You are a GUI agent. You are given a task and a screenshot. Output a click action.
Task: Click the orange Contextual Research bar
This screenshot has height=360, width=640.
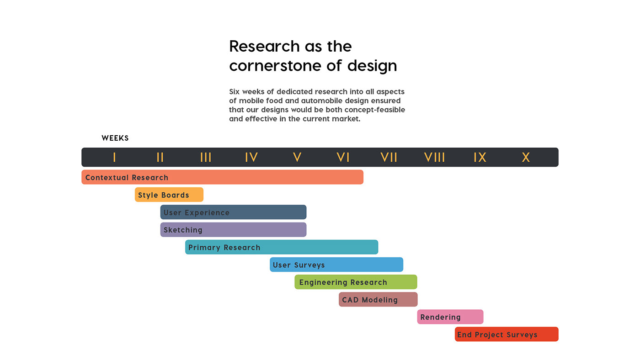[x=222, y=177]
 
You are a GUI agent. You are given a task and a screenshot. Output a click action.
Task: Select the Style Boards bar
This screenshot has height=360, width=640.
[x=169, y=195]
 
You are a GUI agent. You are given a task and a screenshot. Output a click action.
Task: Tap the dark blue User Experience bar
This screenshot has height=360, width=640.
[x=233, y=212]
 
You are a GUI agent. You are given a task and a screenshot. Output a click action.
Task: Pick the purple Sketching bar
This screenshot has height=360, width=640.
[x=233, y=230]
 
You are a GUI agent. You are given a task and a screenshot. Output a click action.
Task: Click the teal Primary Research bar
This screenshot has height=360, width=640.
[x=281, y=247]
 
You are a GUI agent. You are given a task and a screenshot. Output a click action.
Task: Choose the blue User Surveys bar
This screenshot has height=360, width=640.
[x=336, y=265]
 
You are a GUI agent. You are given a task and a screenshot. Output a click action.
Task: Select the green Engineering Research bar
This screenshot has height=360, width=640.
[x=356, y=282]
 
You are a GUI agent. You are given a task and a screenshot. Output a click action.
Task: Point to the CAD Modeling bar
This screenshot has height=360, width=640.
[x=378, y=300]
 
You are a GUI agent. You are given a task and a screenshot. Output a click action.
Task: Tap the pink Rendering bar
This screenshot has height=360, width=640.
[x=450, y=317]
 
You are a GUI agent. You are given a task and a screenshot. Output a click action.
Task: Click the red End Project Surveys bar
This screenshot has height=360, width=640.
[x=507, y=334]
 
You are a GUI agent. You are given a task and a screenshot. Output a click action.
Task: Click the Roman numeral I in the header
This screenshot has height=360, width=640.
[x=114, y=158]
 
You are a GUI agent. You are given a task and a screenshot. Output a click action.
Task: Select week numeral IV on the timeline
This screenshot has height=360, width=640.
[x=251, y=158]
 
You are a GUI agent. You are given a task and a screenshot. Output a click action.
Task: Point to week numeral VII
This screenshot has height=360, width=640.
[x=389, y=158]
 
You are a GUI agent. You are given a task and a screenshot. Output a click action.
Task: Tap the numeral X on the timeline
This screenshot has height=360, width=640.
[x=526, y=158]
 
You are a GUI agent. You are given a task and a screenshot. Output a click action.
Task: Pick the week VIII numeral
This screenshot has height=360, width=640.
[x=434, y=158]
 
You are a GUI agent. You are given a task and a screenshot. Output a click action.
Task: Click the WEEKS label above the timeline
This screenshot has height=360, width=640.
[x=115, y=138]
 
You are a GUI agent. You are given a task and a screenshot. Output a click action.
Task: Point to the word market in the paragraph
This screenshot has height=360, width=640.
[x=345, y=119]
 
